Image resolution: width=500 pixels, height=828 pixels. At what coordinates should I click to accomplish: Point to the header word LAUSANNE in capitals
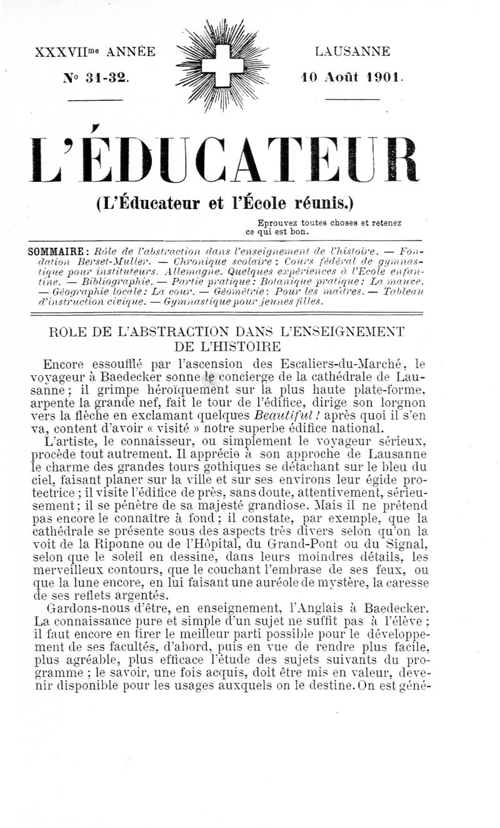tap(352, 52)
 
